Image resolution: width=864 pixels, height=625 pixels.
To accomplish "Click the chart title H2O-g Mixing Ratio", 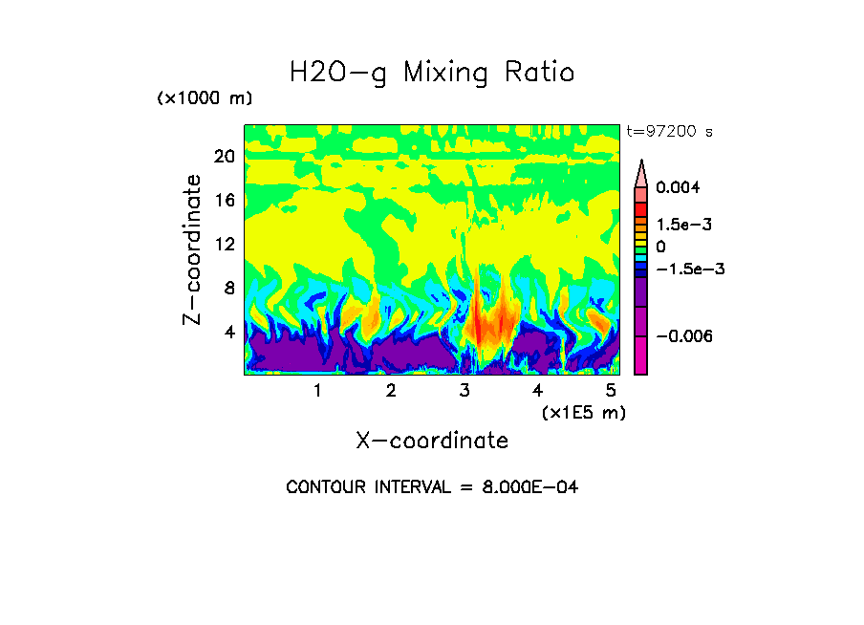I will click(432, 72).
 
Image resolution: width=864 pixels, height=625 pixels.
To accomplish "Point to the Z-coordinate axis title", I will click(193, 249).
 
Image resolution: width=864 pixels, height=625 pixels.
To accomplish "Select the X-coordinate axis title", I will click(432, 441).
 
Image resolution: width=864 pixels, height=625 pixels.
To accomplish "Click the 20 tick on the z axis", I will click(224, 157).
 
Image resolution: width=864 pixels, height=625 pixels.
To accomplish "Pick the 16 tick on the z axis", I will click(224, 201).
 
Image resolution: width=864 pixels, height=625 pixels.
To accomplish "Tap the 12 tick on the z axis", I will click(224, 244).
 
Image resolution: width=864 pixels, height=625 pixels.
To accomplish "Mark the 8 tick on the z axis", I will click(228, 288).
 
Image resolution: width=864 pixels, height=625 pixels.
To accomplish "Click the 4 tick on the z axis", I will click(228, 332).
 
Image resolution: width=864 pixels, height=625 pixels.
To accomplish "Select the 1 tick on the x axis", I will click(317, 391).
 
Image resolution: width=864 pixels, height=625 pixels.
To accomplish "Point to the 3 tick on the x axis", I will click(464, 391).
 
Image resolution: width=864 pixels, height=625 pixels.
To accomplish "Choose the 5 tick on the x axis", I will click(612, 391).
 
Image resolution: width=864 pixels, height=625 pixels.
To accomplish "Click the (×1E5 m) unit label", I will click(584, 412).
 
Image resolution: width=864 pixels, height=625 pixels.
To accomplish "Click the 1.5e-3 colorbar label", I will click(684, 225).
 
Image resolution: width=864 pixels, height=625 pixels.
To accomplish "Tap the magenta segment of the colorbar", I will click(641, 354).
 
